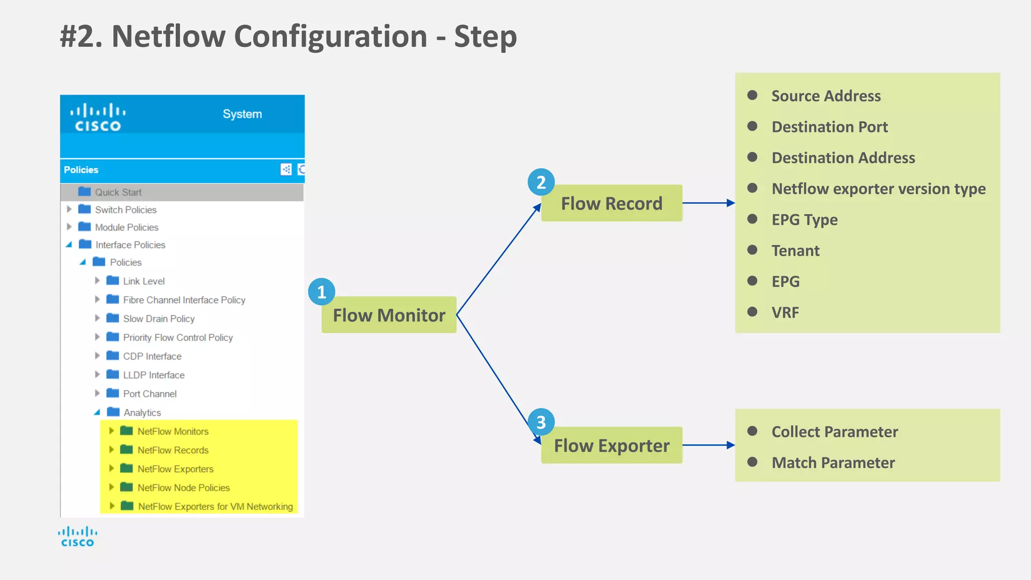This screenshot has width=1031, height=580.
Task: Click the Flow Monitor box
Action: [389, 315]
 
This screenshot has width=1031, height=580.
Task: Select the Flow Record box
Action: [611, 203]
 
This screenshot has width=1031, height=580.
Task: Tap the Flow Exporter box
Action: [611, 446]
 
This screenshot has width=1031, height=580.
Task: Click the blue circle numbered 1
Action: [322, 292]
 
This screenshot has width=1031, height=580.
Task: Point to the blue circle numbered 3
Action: [541, 422]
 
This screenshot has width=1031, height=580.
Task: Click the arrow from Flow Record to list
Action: [708, 203]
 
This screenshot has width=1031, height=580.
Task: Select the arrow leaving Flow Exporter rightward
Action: [708, 445]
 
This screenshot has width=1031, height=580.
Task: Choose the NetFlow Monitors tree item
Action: [173, 431]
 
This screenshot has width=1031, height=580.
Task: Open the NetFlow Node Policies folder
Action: [183, 488]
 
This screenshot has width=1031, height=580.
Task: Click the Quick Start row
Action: [118, 192]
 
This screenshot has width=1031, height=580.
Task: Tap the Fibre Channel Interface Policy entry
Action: [184, 300]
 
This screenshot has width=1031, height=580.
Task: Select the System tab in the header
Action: [242, 114]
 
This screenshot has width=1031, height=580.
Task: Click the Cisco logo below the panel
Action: [78, 537]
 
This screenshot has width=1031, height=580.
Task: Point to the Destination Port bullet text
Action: [829, 127]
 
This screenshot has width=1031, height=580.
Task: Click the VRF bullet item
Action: [785, 313]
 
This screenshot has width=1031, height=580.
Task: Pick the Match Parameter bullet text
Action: [833, 463]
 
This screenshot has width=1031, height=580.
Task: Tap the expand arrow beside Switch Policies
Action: [69, 209]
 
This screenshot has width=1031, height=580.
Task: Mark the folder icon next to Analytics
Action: [113, 412]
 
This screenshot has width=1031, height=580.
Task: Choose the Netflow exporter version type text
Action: [878, 189]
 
